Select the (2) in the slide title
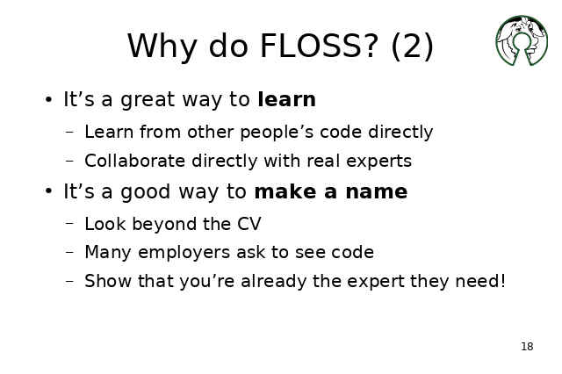[x=412, y=47]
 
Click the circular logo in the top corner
[x=522, y=40]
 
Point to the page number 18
[x=527, y=347]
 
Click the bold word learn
[x=287, y=99]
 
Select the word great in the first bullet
[x=148, y=101]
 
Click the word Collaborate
[x=134, y=161]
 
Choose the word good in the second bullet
[x=146, y=193]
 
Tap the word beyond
[x=164, y=225]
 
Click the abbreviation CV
[x=249, y=224]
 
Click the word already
[x=274, y=282]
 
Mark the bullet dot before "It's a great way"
[x=49, y=100]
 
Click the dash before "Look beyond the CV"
[x=70, y=224]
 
